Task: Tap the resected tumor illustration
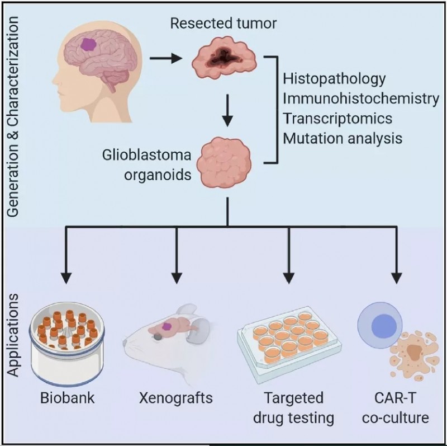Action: click(x=224, y=58)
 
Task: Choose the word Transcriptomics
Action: click(x=337, y=118)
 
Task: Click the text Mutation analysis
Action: click(x=343, y=138)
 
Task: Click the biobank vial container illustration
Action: click(x=67, y=344)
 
